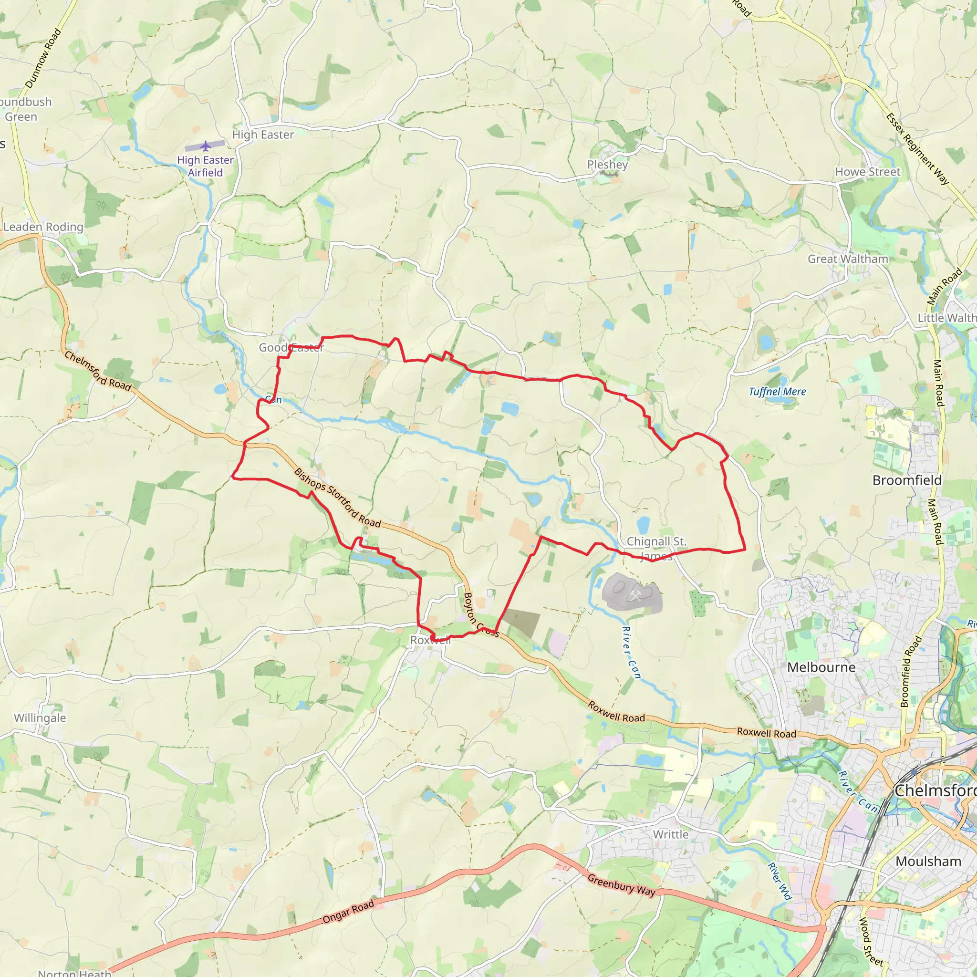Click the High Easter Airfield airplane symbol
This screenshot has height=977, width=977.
(x=205, y=146)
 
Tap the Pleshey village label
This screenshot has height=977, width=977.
(x=607, y=165)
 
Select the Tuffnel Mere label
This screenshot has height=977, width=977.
(x=777, y=391)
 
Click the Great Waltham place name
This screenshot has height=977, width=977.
(x=848, y=259)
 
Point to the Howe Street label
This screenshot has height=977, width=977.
(x=867, y=172)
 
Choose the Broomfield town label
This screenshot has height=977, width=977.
(x=907, y=480)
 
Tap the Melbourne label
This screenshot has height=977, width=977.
(x=821, y=667)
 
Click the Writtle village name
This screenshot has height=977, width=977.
(x=671, y=834)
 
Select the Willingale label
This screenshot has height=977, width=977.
(x=40, y=717)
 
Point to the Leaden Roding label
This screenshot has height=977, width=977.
(x=43, y=227)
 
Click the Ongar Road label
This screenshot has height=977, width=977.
(x=348, y=911)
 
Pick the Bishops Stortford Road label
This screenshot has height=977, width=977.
(x=337, y=498)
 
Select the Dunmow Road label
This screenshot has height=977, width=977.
(x=43, y=58)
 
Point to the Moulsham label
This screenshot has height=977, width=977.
(x=928, y=861)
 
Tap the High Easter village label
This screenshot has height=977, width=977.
(x=263, y=135)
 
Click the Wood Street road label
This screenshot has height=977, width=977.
(x=871, y=942)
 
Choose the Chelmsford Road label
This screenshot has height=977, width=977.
(x=98, y=371)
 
